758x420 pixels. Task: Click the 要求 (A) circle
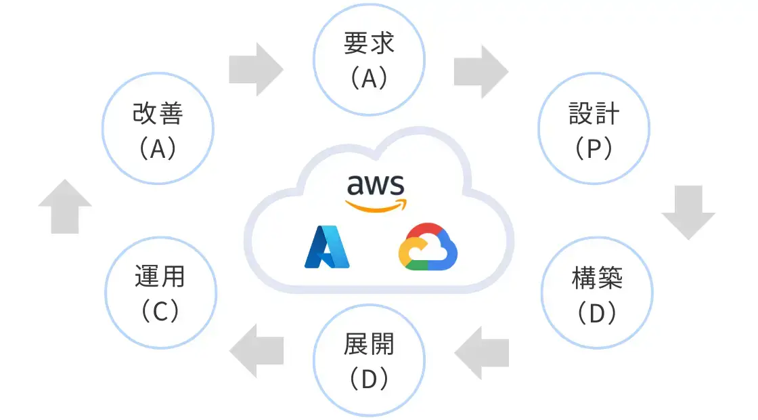point(369,61)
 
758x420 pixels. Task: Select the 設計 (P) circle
point(594,129)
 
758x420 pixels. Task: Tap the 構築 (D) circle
point(598,293)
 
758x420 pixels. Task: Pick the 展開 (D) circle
point(369,360)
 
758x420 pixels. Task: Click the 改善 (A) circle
point(158,129)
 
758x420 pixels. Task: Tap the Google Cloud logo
point(428,247)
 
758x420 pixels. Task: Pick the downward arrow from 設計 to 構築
point(688,213)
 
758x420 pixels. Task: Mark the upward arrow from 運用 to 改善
point(65,207)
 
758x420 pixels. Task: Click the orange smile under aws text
point(376,205)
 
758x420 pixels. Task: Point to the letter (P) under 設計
point(594,148)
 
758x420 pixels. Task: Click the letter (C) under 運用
point(160,311)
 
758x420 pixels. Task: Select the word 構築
point(598,278)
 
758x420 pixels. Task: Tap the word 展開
point(369,345)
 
